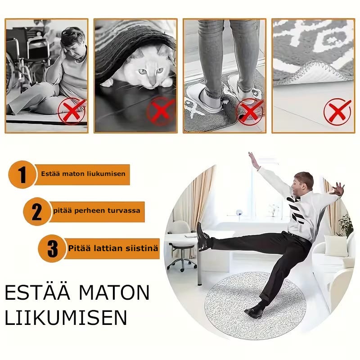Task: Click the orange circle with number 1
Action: [x=22, y=175]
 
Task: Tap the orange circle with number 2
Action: [x=37, y=211]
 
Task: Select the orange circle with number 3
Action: [x=52, y=249]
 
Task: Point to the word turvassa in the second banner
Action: [x=124, y=211]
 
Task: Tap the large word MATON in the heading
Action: [x=114, y=292]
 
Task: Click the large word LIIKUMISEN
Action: [x=66, y=318]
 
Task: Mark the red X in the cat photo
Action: [x=161, y=111]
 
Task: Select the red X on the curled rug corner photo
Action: [x=337, y=112]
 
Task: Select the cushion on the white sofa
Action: [x=336, y=246]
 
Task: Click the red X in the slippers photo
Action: [x=250, y=112]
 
